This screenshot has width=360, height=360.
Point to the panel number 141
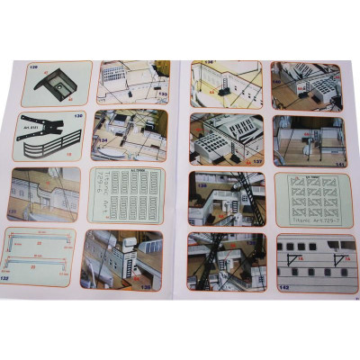[x=337, y=164]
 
